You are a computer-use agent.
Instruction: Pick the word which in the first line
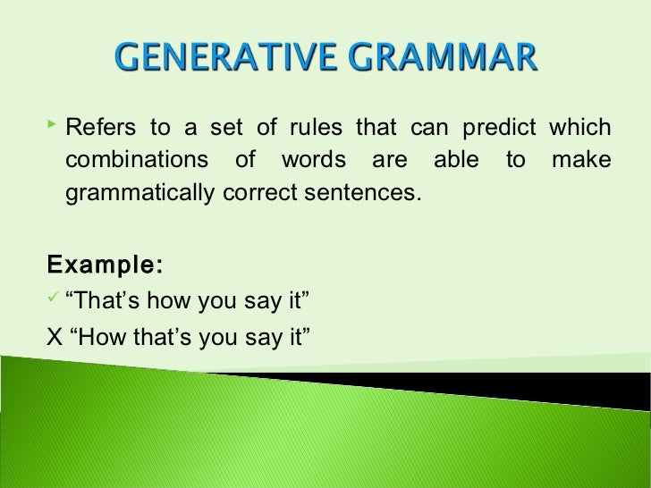[580, 128]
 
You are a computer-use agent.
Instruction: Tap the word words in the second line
[310, 161]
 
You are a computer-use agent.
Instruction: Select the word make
[582, 161]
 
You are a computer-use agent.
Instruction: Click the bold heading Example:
[105, 265]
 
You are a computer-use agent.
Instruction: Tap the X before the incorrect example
[54, 339]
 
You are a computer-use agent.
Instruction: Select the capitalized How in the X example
[96, 339]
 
